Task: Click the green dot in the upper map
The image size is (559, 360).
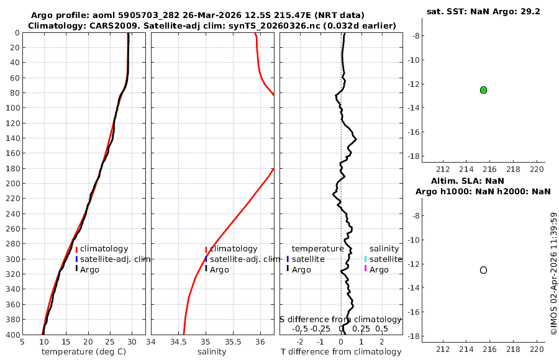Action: coord(483,90)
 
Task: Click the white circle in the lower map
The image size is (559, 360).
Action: coord(483,270)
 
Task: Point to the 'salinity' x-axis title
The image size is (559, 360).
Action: coord(212,352)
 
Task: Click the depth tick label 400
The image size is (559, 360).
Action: coord(12,335)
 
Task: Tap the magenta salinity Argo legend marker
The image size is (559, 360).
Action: coord(366,269)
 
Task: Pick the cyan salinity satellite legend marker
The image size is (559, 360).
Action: coord(366,259)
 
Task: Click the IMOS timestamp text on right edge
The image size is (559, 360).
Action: coord(554,273)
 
